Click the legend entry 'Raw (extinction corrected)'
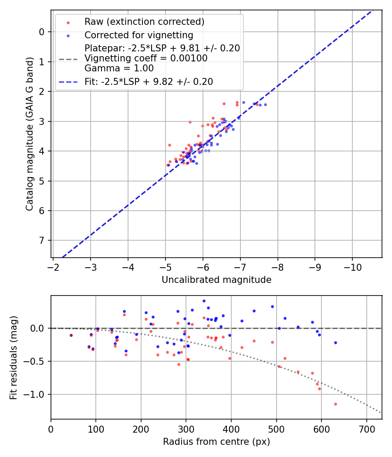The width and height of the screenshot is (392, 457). coord(144,22)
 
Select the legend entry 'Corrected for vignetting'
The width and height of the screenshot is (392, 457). coord(139,35)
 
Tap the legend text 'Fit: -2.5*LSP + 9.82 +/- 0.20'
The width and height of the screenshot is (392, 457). coord(149,81)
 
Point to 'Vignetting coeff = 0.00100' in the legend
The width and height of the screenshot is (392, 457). coord(146,58)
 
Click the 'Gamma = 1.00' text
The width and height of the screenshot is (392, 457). coord(119,68)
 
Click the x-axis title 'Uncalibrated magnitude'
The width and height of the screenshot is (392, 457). coord(216,280)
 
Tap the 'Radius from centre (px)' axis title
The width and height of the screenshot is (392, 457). coord(216,442)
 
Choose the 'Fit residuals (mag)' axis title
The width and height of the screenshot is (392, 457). coord(14,357)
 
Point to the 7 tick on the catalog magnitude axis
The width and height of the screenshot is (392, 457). coord(42,241)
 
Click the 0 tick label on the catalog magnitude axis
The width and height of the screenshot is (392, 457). coord(42,32)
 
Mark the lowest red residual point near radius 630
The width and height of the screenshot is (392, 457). coord(335,404)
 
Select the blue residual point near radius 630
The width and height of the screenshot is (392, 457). coord(335,343)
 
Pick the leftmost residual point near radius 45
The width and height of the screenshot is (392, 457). coord(71,335)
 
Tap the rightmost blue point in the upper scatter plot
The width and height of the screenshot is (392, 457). coord(265,104)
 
